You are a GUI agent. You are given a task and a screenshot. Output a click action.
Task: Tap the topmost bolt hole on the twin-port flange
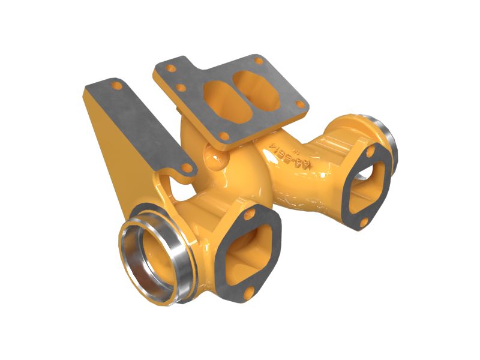[259, 61]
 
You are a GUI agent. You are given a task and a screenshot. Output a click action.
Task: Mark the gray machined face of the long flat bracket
[144, 120]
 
